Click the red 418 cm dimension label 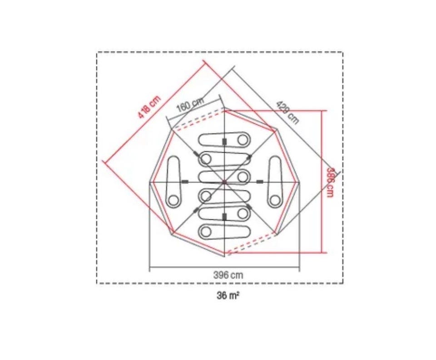[149, 107]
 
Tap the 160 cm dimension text [190, 104]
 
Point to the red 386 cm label [330, 182]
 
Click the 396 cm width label [228, 275]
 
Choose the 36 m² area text [228, 296]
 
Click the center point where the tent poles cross [224, 182]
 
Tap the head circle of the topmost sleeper [243, 140]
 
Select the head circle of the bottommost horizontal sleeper [206, 231]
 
